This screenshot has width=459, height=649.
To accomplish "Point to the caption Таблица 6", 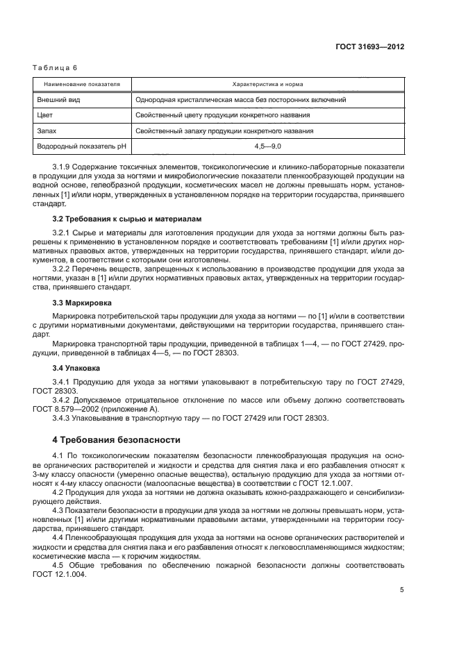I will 55,67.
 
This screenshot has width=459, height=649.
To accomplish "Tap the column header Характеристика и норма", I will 269,84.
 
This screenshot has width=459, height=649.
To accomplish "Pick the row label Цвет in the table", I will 46,115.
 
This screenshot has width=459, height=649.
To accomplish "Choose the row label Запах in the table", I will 48,130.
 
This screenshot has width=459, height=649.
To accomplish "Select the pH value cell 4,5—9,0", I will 269,146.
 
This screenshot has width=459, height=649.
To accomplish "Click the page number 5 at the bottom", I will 401,590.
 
